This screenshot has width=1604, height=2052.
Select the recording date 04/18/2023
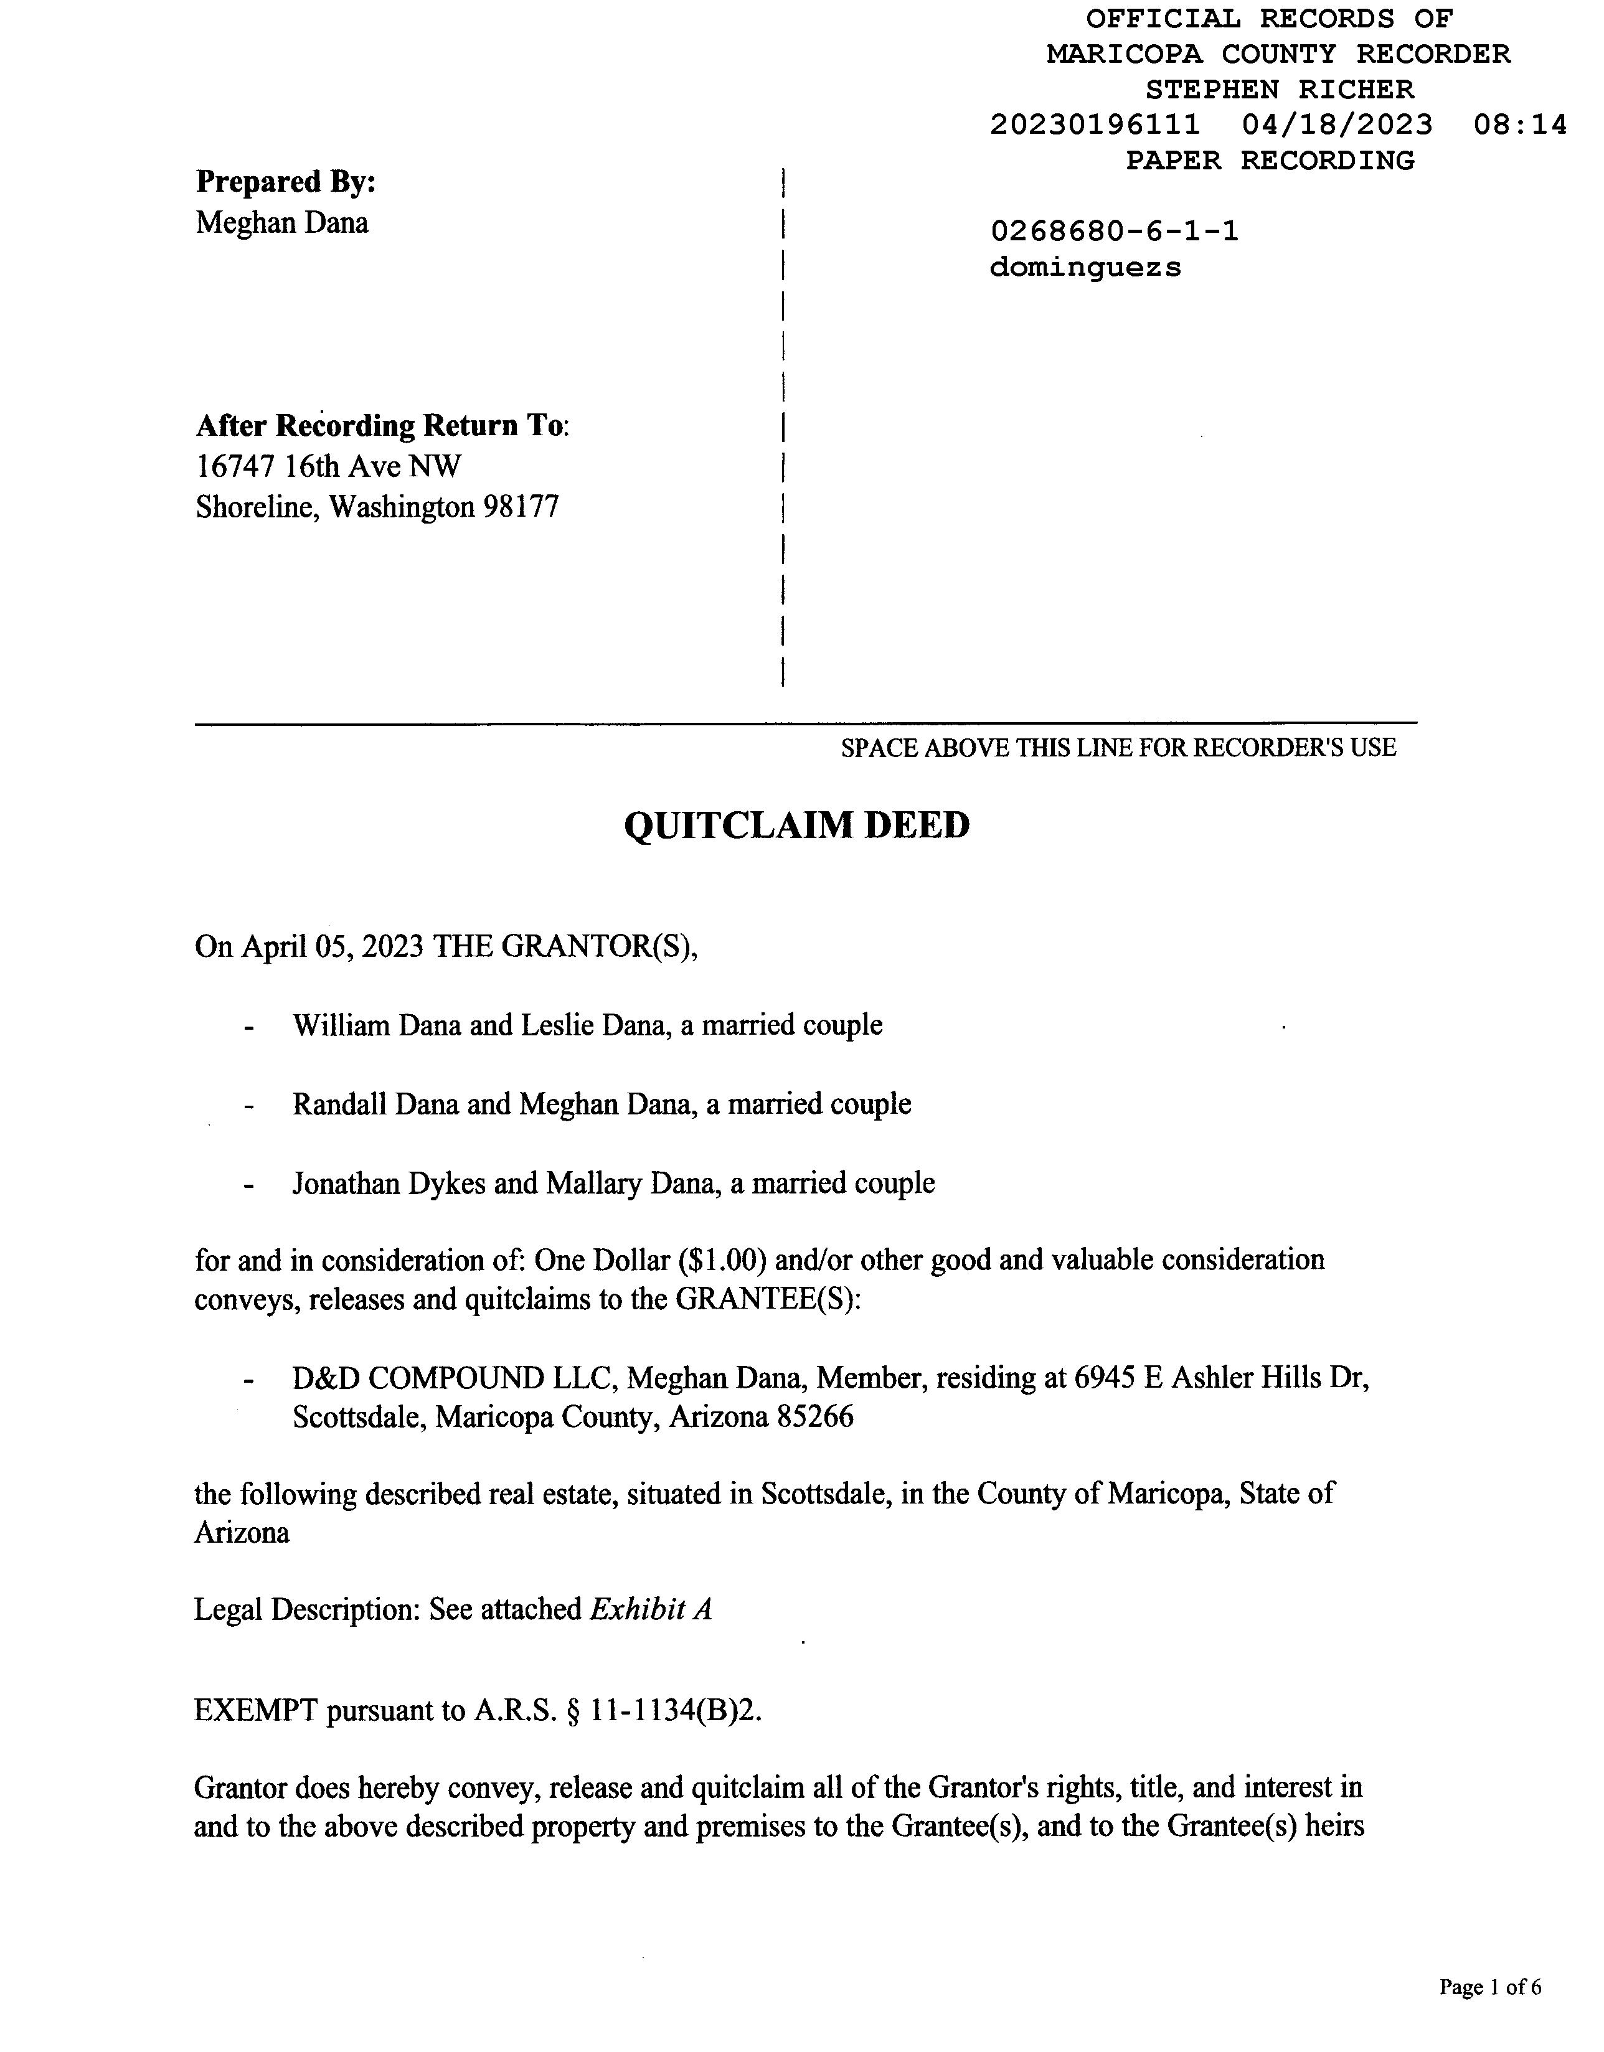tap(1337, 125)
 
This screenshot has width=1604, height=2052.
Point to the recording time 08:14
tap(1519, 125)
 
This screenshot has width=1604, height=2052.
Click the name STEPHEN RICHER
tap(1279, 90)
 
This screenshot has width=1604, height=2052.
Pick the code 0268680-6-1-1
tap(1115, 231)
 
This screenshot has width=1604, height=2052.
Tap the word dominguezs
tap(1085, 268)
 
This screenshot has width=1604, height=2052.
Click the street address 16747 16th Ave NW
tap(329, 466)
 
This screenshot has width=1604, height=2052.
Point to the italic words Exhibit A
tap(650, 1609)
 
